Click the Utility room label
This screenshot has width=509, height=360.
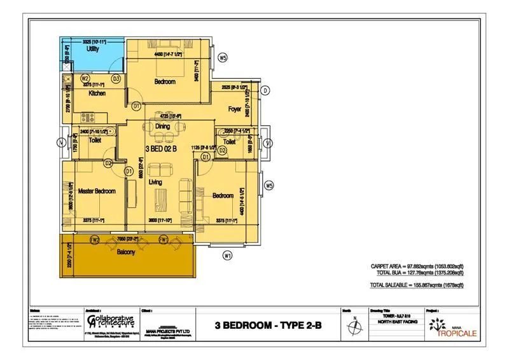(x=93, y=49)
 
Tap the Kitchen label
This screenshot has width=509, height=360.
(x=97, y=93)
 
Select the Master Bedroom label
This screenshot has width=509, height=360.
(x=97, y=191)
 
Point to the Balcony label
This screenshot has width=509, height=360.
(x=126, y=252)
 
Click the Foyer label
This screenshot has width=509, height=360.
(x=235, y=109)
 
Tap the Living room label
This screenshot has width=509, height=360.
(x=155, y=183)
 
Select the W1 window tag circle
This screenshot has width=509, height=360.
(x=227, y=256)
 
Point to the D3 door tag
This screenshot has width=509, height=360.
(x=116, y=79)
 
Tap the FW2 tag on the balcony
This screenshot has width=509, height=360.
(x=95, y=240)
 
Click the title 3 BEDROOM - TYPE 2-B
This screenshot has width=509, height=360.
(x=267, y=326)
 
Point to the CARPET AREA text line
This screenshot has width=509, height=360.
(x=417, y=266)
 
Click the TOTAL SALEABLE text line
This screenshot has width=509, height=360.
(x=416, y=286)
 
